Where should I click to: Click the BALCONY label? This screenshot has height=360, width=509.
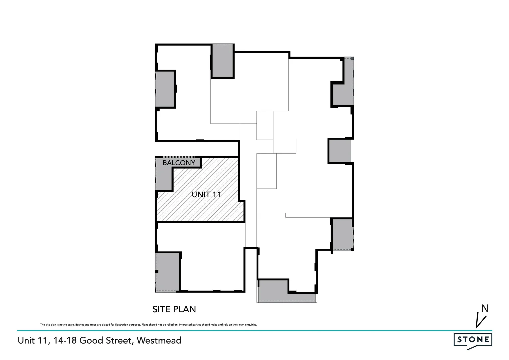pyautogui.click(x=179, y=163)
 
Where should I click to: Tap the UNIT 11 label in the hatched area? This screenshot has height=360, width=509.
pyautogui.click(x=206, y=194)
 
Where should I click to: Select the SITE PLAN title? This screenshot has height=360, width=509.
pyautogui.click(x=174, y=309)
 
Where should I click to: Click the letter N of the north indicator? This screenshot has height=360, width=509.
pyautogui.click(x=485, y=309)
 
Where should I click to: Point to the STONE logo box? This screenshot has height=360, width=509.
pyautogui.click(x=473, y=340)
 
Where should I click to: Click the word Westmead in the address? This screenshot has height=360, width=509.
pyautogui.click(x=159, y=340)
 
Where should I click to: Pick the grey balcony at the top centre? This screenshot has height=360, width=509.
pyautogui.click(x=223, y=61)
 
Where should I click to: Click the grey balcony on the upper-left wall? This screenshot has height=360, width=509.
pyautogui.click(x=165, y=89)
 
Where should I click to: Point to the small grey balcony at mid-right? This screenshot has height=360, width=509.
pyautogui.click(x=340, y=151)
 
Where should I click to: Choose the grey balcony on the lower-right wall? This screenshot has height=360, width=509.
pyautogui.click(x=341, y=234)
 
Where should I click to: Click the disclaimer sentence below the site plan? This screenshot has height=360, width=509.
pyautogui.click(x=148, y=325)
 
